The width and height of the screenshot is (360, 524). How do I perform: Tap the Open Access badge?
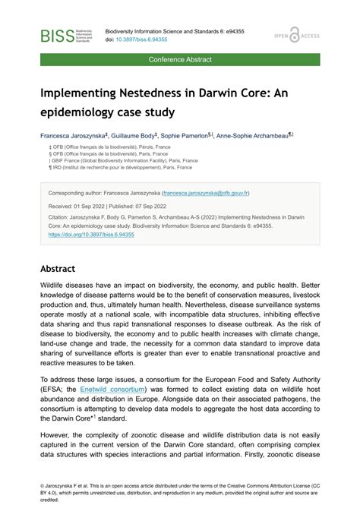(x=298, y=36)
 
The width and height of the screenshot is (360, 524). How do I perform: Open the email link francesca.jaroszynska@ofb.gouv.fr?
(x=228, y=193)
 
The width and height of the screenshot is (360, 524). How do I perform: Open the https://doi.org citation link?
(x=91, y=235)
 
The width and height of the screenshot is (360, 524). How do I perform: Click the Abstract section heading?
(x=57, y=268)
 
